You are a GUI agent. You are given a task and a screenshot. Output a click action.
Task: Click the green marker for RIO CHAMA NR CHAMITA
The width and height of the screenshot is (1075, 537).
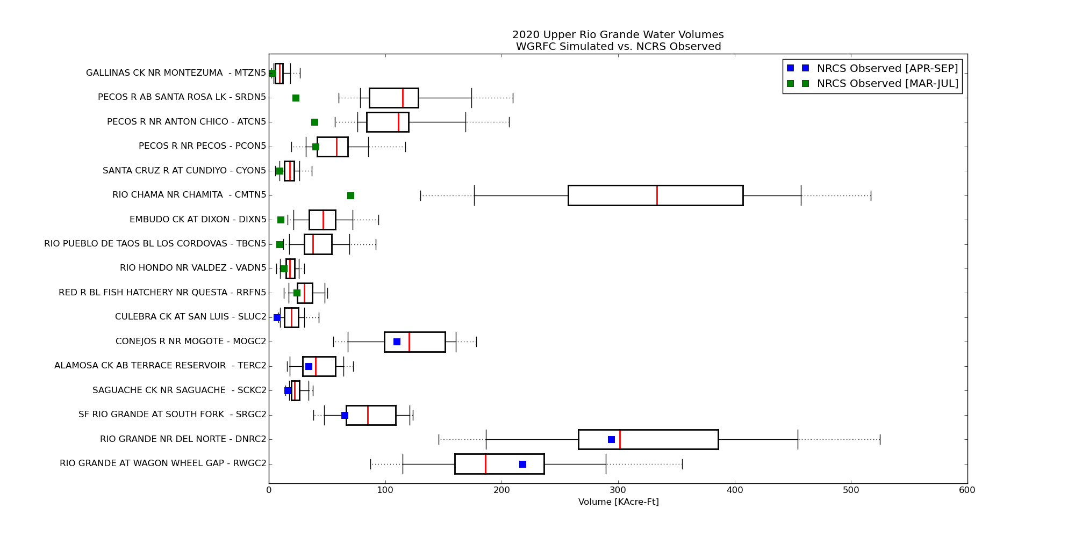[350, 195]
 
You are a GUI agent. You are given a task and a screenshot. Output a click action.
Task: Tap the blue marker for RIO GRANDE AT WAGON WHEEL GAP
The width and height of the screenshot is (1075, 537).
[522, 464]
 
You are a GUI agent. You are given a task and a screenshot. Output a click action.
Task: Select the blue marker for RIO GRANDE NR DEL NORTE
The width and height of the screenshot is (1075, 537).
[611, 439]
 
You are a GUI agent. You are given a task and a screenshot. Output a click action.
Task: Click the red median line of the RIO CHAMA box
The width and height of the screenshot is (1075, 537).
[657, 195]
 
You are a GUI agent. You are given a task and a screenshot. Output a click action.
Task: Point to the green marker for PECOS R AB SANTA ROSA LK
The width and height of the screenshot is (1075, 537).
[296, 98]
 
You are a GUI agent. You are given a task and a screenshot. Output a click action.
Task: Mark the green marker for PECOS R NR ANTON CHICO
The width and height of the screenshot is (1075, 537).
[314, 122]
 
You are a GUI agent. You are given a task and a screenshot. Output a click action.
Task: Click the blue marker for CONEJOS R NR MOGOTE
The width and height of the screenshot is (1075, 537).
[397, 342]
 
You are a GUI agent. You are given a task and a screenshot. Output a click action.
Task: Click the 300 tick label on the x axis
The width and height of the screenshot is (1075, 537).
[618, 490]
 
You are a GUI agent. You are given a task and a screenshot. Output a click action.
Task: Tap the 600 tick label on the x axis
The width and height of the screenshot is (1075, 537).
[967, 490]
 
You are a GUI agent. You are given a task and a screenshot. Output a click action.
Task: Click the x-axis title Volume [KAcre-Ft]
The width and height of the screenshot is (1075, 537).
[619, 502]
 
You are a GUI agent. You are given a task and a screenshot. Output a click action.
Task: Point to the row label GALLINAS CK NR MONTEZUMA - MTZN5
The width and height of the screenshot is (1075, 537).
[176, 73]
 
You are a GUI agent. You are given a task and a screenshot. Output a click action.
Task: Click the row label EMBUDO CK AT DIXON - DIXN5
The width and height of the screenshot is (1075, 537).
[198, 220]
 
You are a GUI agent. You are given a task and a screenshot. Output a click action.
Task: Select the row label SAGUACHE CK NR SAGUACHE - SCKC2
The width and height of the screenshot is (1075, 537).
[180, 390]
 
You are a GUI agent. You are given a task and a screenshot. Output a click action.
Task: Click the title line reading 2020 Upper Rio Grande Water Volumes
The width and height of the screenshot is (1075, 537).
[618, 35]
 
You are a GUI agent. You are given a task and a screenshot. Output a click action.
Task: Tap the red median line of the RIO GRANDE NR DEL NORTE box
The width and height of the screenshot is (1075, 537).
[620, 439]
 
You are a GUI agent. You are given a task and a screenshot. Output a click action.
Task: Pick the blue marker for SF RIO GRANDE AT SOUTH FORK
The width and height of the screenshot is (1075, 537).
[345, 415]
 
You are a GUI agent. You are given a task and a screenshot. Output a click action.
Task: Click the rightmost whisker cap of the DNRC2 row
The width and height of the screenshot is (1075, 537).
[880, 439]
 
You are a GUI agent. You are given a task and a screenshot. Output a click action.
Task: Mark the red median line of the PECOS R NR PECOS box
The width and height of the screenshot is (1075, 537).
[336, 147]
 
